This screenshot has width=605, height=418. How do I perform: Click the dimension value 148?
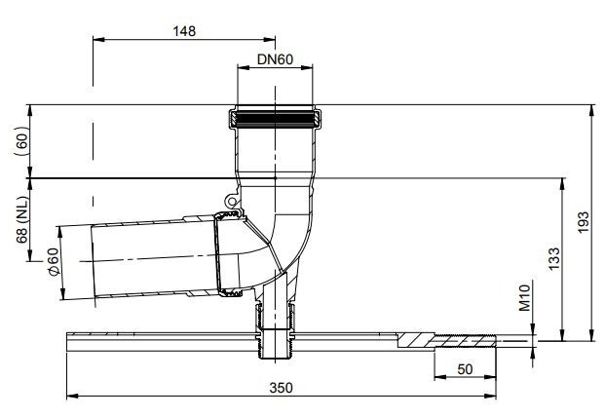tap(182, 30)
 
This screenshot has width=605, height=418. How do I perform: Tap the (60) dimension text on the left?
tap(20, 141)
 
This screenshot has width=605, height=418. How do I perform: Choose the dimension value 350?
tap(280, 387)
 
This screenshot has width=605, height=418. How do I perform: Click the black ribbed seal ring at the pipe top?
tap(275, 120)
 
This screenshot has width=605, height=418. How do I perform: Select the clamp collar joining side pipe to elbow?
tap(226, 253)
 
